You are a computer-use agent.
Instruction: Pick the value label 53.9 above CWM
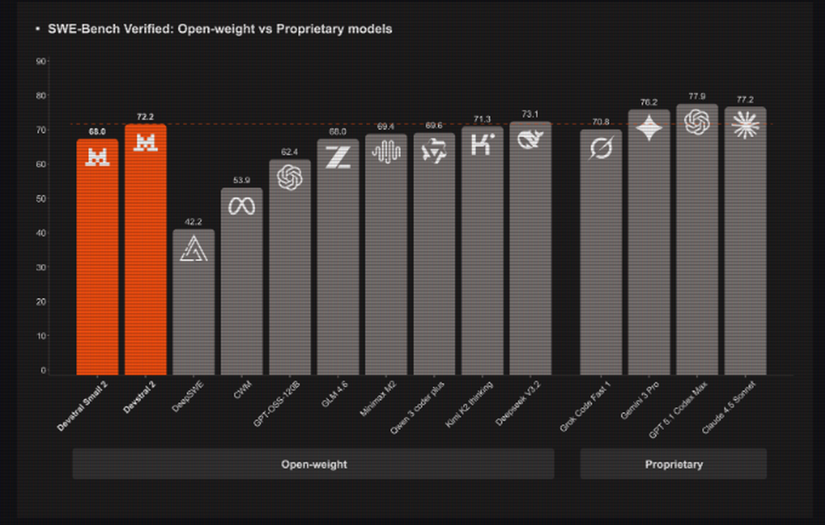241,180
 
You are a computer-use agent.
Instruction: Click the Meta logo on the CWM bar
241,206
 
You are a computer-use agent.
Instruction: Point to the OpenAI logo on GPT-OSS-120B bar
290,177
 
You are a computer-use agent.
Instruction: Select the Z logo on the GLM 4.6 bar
338,157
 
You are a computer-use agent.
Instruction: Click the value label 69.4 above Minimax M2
386,126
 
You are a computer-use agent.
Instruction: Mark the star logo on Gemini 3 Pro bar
649,128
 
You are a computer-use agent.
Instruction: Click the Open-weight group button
313,464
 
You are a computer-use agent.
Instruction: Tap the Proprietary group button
673,464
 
